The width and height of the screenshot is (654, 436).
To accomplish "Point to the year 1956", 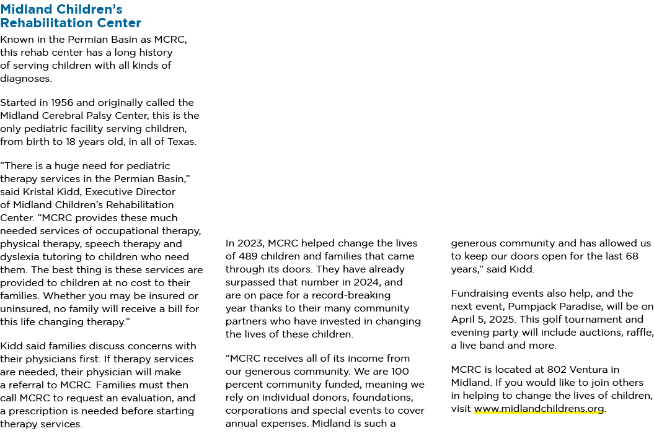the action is (x=62, y=103).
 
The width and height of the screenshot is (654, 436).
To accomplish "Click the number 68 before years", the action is (x=632, y=256).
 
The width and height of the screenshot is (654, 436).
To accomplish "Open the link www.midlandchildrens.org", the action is (x=539, y=409).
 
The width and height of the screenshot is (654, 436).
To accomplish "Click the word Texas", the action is (x=182, y=142).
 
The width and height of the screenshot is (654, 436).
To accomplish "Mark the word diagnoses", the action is (x=26, y=79).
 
